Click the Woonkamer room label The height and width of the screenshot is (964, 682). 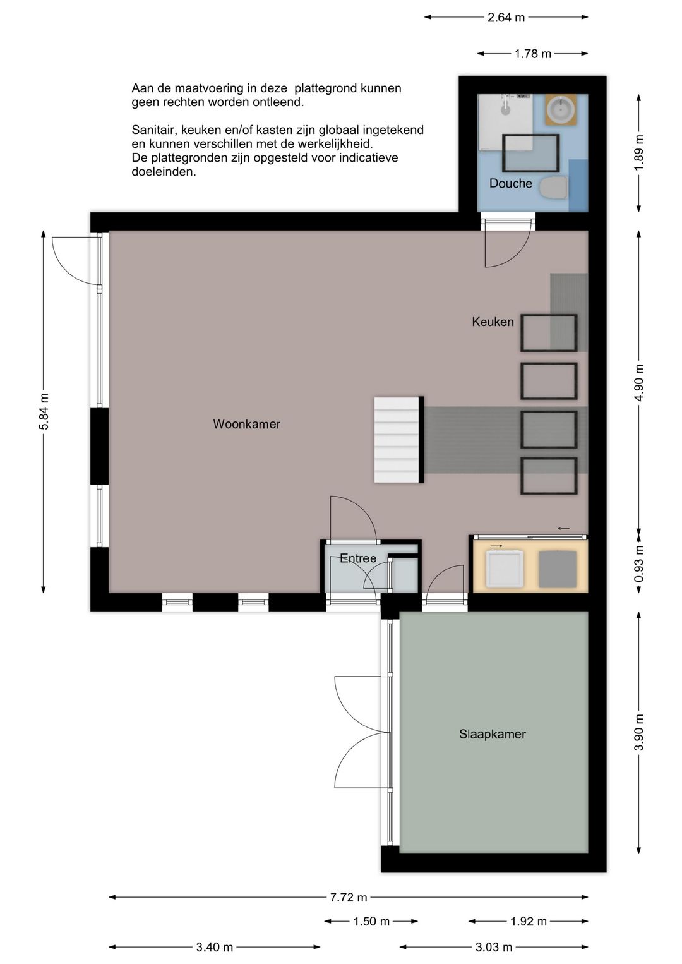246,425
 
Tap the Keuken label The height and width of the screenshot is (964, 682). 493,322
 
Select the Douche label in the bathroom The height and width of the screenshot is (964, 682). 511,183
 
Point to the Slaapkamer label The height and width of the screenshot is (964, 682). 493,734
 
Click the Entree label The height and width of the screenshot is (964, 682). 358,558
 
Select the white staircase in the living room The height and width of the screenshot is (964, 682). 397,440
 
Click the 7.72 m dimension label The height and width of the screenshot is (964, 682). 349,898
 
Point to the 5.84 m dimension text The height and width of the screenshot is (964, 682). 44,411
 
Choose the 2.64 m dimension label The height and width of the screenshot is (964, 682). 506,18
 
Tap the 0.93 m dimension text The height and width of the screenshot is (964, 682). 639,563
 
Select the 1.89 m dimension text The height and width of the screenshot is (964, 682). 639,152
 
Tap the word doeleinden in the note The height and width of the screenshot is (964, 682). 164,172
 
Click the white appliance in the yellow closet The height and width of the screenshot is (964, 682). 505,569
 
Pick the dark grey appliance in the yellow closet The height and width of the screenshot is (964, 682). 557,569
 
